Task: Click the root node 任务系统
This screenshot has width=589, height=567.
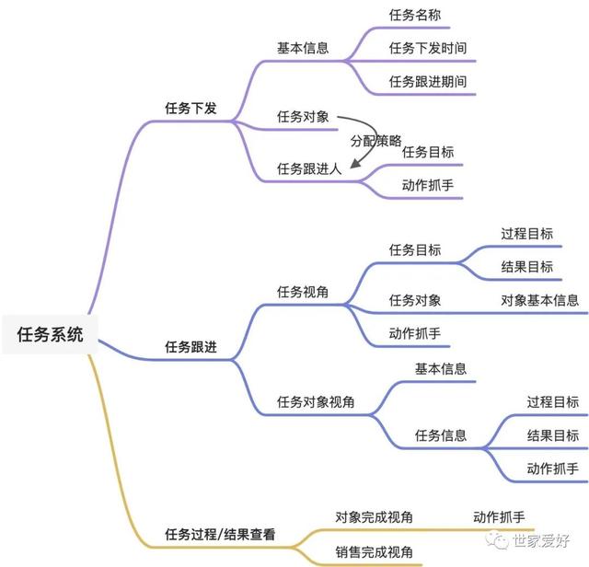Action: [x=51, y=335]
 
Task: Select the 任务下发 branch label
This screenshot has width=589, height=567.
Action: [x=191, y=108]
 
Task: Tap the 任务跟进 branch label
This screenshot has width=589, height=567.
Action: [x=191, y=346]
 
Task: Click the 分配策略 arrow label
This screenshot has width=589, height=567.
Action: [x=375, y=141]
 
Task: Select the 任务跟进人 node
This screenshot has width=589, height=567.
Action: [x=309, y=168]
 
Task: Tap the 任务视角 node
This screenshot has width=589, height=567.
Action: [x=303, y=292]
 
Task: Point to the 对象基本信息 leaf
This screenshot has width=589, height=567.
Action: [x=540, y=300]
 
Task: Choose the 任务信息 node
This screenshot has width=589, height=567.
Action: [x=441, y=434]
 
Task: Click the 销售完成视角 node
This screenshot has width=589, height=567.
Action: [x=374, y=552]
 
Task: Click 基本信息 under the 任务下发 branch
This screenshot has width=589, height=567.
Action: [x=303, y=48]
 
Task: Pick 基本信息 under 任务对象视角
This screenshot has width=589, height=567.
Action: [x=441, y=368]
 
